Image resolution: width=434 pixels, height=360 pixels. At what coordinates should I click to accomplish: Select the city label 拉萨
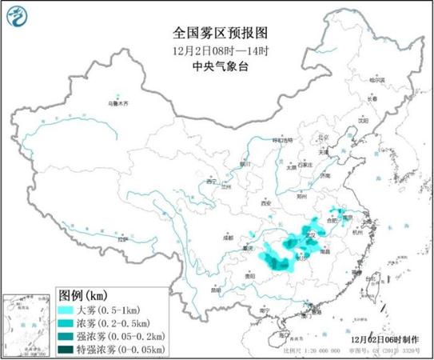pyautogui.click(x=121, y=238)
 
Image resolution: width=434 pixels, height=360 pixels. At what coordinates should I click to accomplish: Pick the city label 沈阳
pyautogui.click(x=364, y=121)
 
